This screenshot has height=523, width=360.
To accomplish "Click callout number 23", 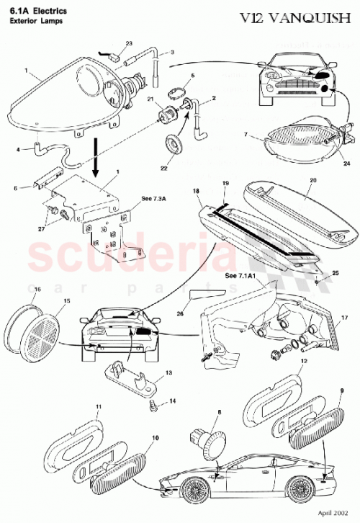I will point(129,43).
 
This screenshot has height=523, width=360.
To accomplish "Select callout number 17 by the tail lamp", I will point(344,316).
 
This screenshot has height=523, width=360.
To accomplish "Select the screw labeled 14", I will point(153,406).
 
